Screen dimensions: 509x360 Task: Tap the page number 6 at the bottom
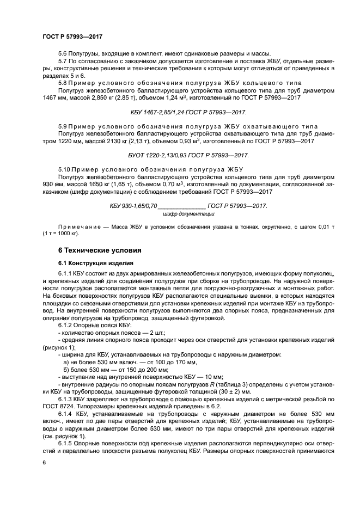coord(44,462)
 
